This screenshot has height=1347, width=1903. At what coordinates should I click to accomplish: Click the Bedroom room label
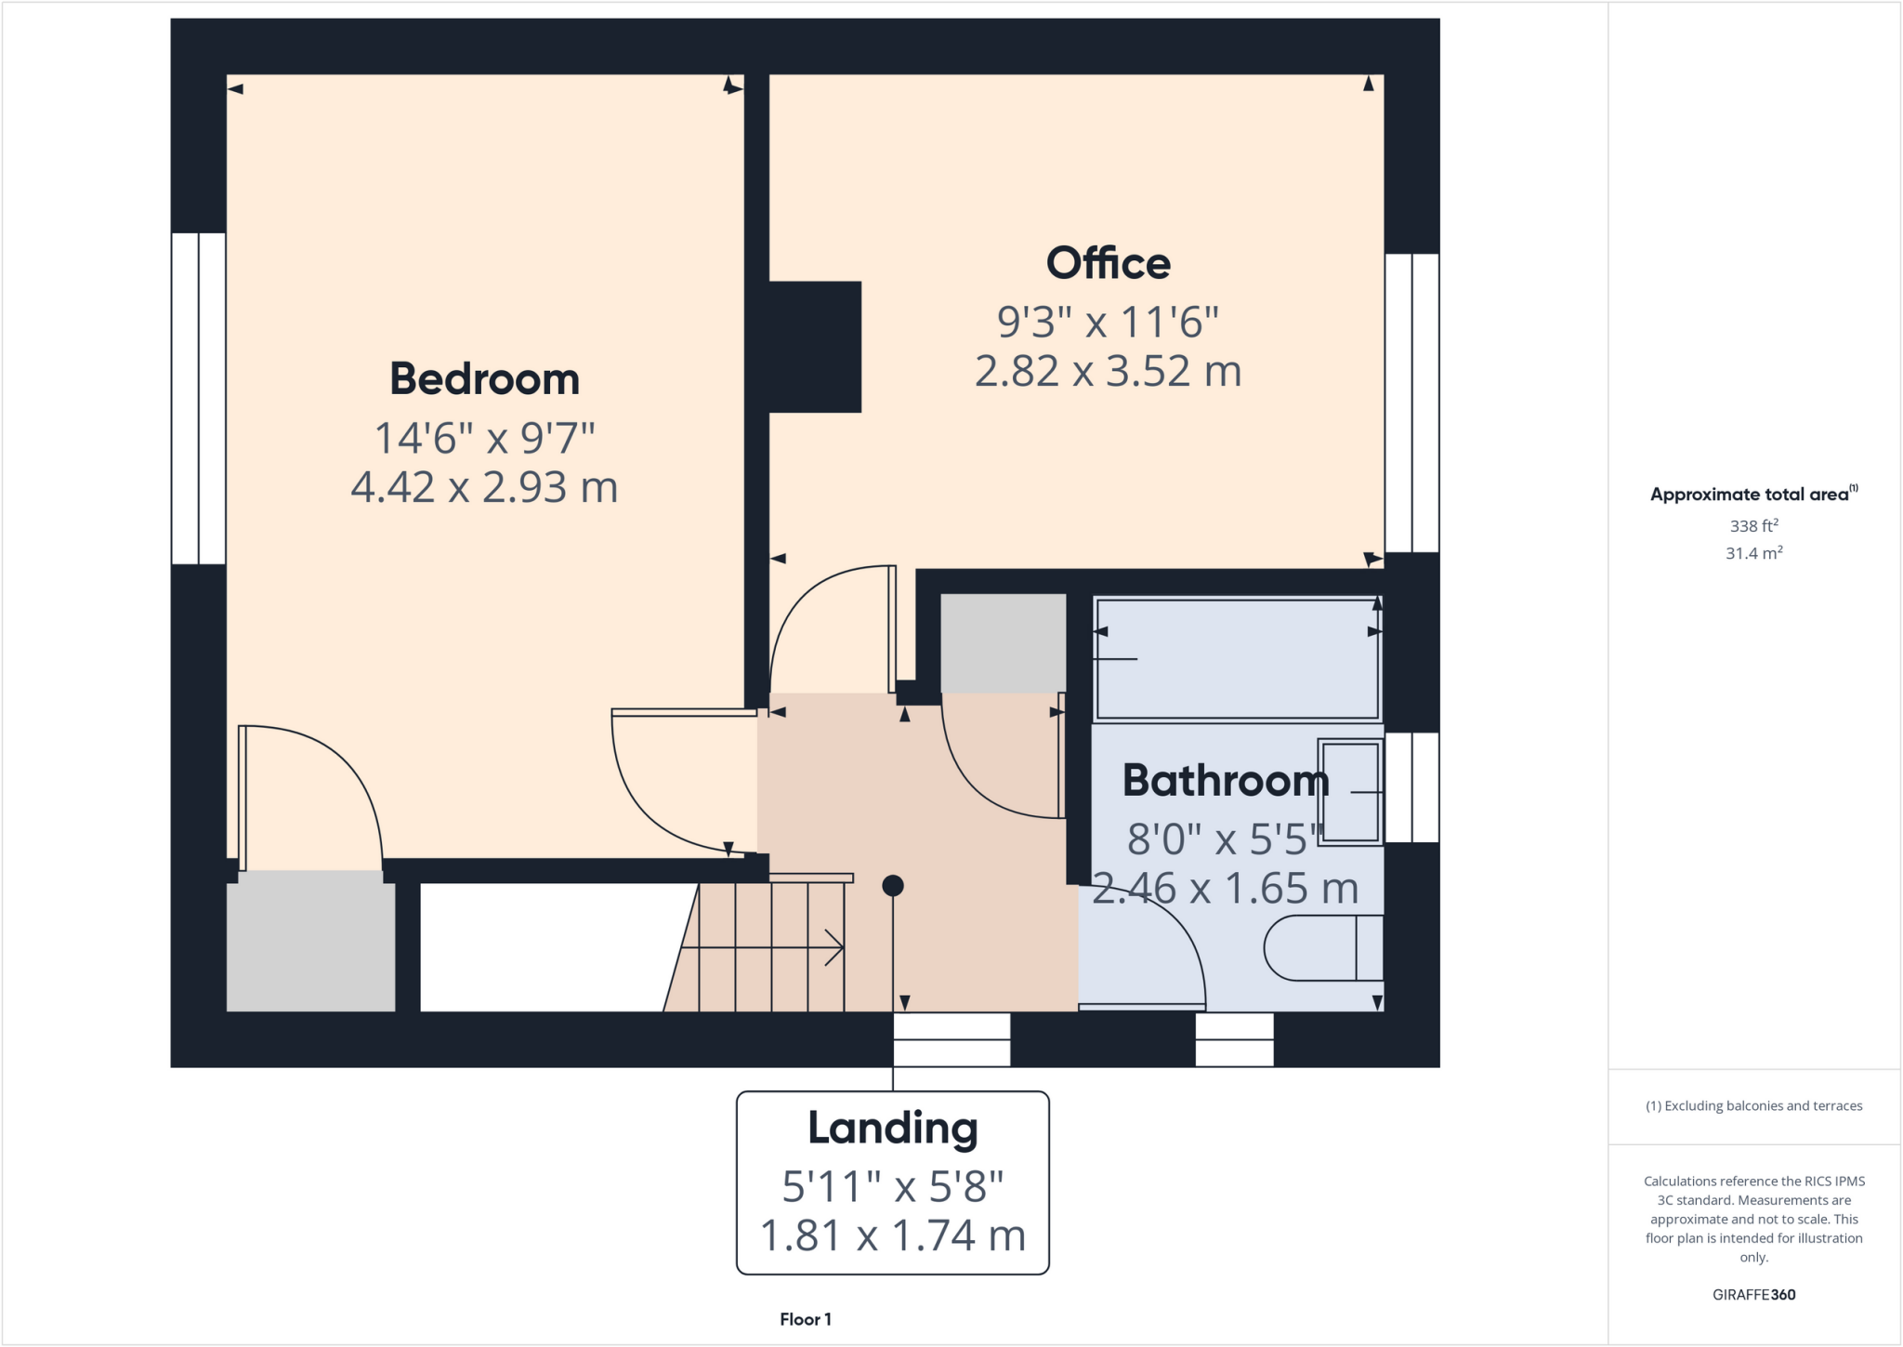[x=484, y=379]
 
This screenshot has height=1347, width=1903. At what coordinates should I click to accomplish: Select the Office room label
[x=1108, y=263]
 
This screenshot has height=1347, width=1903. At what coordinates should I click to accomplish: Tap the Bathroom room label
[x=1225, y=780]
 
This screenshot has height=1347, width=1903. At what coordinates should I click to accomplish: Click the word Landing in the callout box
[x=892, y=1128]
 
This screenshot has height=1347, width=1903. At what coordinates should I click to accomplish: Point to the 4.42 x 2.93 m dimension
[x=484, y=487]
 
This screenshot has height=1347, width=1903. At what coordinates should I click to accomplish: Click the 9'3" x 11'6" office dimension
[x=1108, y=323]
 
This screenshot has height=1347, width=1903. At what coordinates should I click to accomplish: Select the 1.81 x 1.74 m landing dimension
[x=892, y=1235]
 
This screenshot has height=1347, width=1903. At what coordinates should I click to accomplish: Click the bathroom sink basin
[x=1350, y=792]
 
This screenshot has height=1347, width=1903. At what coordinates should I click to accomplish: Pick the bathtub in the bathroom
[x=1237, y=659]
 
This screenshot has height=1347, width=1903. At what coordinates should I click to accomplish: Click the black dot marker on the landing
[x=892, y=885]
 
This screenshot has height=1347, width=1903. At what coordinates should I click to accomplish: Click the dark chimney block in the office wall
[x=814, y=347]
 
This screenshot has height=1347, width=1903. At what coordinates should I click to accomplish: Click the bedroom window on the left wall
[x=198, y=398]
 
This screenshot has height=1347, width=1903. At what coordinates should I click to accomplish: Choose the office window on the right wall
[x=1411, y=403]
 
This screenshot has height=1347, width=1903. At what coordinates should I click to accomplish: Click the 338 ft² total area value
[x=1752, y=525]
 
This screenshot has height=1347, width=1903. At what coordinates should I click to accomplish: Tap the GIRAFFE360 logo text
[x=1752, y=1294]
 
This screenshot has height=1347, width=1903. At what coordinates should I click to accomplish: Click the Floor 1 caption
[x=805, y=1319]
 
